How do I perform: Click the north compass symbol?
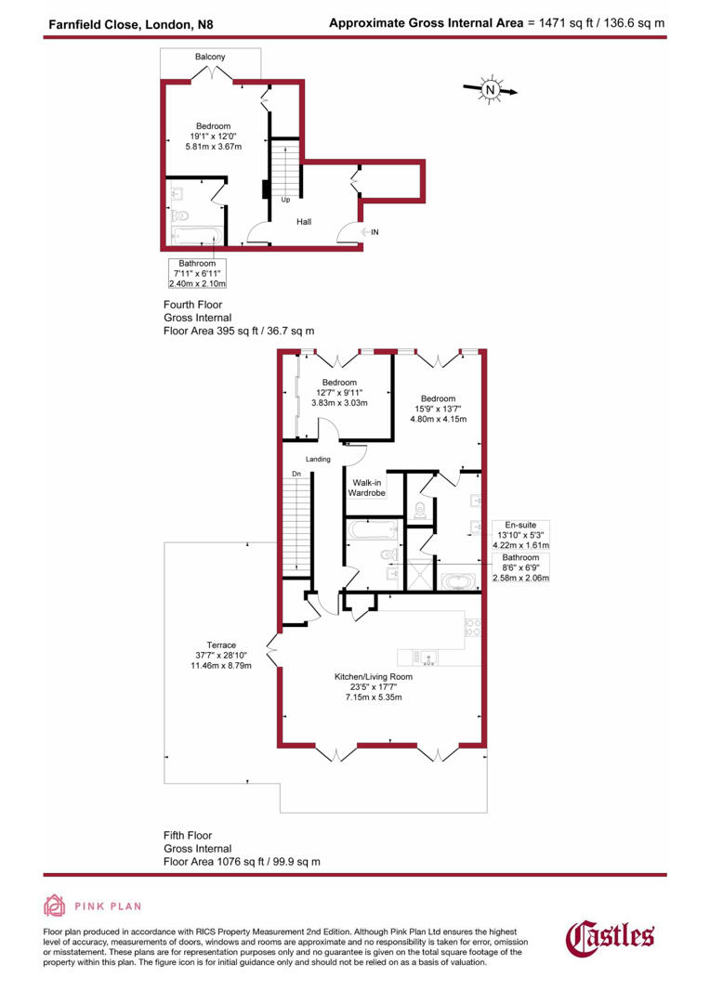tap(490, 90)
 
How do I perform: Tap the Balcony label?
tap(210, 58)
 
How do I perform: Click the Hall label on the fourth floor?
tap(304, 222)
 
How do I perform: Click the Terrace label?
tap(221, 645)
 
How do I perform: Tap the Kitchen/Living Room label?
tap(374, 677)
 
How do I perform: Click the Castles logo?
tap(611, 937)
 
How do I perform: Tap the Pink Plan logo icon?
tap(55, 906)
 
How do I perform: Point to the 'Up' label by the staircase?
tap(285, 200)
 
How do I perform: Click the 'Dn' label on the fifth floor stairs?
tap(296, 474)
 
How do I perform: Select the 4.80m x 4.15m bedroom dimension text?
tap(439, 419)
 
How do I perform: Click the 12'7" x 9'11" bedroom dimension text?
tap(339, 393)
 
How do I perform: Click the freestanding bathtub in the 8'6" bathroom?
tap(458, 581)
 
